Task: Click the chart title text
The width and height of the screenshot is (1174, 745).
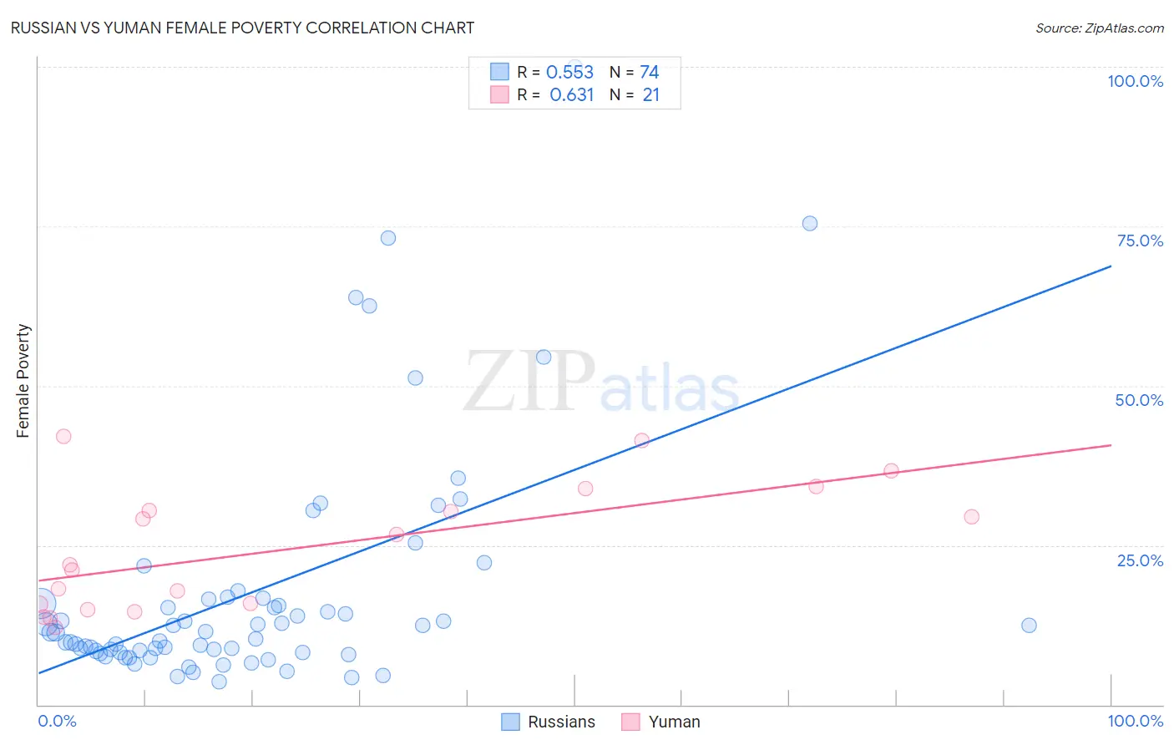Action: (x=242, y=28)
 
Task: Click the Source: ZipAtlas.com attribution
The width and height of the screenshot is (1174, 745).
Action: (x=1099, y=28)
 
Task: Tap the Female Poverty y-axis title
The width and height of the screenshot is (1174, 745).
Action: (x=23, y=381)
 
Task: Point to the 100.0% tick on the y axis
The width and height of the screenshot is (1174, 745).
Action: (x=1135, y=81)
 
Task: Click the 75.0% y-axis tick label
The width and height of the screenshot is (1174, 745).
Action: (x=1140, y=241)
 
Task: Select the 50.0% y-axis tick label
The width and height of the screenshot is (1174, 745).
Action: (x=1139, y=400)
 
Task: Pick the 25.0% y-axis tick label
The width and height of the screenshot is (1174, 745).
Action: (x=1140, y=560)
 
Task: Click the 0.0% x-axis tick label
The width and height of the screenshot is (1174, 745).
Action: (x=57, y=721)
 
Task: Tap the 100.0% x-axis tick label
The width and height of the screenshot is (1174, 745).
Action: (x=1135, y=721)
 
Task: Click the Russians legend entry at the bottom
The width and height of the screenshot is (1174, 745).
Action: (x=549, y=722)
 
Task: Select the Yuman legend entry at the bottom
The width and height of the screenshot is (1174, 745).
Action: (x=661, y=722)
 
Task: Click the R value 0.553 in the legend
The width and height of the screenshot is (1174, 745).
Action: (x=569, y=73)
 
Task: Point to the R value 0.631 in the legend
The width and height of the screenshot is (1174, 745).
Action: (x=571, y=95)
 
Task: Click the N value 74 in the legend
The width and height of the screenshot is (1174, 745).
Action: (x=649, y=73)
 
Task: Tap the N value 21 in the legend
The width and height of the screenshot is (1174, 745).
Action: (x=650, y=95)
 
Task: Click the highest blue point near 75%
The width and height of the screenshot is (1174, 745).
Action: (x=809, y=223)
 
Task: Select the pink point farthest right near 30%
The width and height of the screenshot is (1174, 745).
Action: (x=971, y=517)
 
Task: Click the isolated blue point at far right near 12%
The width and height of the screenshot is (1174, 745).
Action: (x=1029, y=626)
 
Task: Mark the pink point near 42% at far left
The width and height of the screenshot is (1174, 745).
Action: (x=63, y=436)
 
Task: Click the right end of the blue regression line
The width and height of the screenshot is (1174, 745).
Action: (x=1111, y=266)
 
